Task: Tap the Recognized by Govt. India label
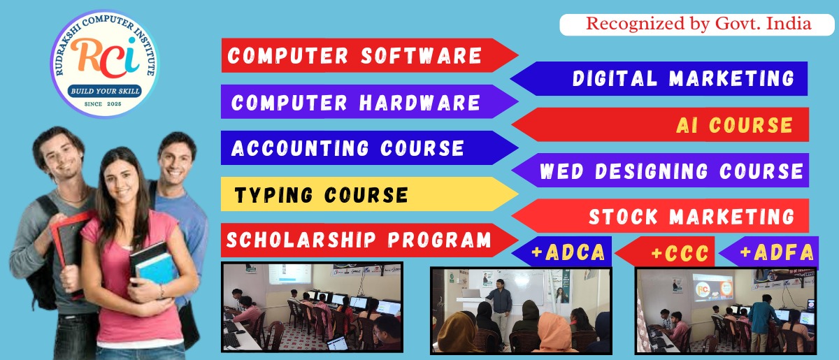pyautogui.click(x=698, y=24)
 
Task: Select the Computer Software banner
pyautogui.click(x=357, y=56)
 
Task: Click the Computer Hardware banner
pyautogui.click(x=357, y=102)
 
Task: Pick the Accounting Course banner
pyautogui.click(x=350, y=147)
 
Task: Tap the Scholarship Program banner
pyautogui.click(x=359, y=240)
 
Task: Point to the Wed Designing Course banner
pyautogui.click(x=671, y=171)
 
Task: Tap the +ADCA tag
pyautogui.click(x=567, y=252)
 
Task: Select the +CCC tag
pyautogui.click(x=675, y=252)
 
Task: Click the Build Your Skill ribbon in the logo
pyautogui.click(x=106, y=91)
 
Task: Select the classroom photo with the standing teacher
pyautogui.click(x=520, y=310)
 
